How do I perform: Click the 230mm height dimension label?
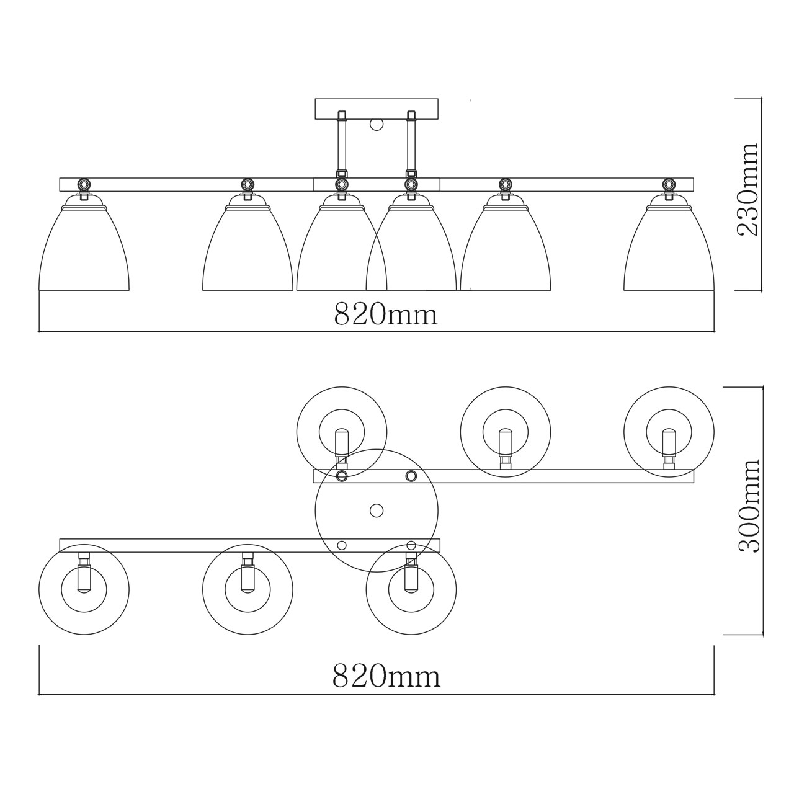click(x=747, y=189)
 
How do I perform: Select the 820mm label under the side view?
click(x=386, y=315)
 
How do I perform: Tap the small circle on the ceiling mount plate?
click(x=377, y=124)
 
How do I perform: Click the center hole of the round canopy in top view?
click(x=376, y=511)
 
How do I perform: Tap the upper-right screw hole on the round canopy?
click(x=411, y=476)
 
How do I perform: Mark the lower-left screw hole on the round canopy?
click(x=341, y=545)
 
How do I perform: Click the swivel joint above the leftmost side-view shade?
click(x=83, y=184)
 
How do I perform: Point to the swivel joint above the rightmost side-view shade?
click(x=669, y=184)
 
